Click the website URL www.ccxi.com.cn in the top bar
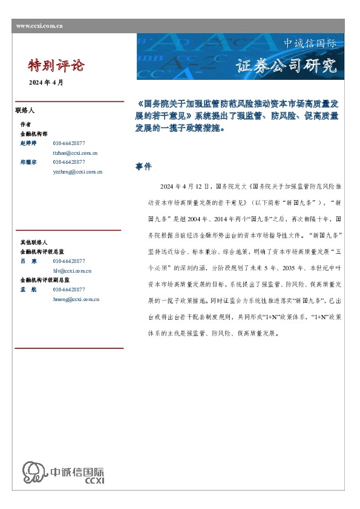click(39, 25)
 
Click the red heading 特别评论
click(57, 65)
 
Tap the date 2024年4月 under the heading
click(46, 82)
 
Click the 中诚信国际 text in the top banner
click(310, 44)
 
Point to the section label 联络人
click(25, 111)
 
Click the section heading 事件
click(143, 166)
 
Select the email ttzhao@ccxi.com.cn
click(76, 154)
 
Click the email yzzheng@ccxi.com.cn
click(77, 172)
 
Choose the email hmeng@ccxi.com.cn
click(76, 299)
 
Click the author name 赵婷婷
click(29, 144)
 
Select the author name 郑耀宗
click(29, 163)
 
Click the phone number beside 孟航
click(69, 290)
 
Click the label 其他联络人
click(34, 242)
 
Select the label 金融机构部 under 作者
click(34, 134)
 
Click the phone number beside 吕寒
click(69, 262)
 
